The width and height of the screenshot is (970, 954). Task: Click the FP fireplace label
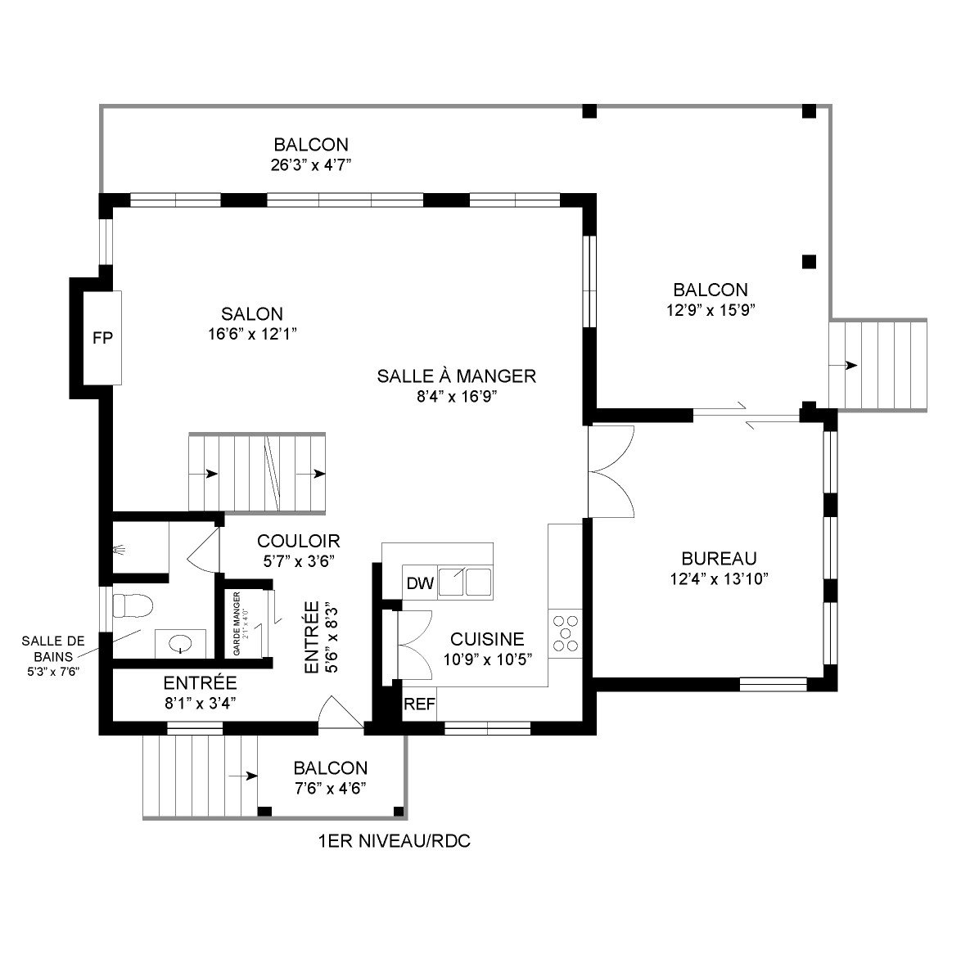pos(102,338)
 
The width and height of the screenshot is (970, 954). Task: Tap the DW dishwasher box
pos(419,583)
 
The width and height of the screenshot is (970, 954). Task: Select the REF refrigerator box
pos(419,704)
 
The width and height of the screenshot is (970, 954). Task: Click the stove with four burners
pos(565,633)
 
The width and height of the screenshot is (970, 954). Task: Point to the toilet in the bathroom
pos(133,606)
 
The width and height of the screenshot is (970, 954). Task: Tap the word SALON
pos(251,313)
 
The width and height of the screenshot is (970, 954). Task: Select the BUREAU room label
pos(719,559)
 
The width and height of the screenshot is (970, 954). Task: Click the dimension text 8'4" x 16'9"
pos(456,397)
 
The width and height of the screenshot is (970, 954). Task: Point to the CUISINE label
pos(487,639)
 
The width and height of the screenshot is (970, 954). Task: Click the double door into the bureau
pos(607,471)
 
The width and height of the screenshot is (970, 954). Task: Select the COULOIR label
pos(298,541)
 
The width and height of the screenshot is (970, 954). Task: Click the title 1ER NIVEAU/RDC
pos(393,840)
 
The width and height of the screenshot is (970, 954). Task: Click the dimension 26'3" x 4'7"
pos(311,164)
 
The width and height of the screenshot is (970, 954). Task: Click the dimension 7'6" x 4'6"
pos(330,788)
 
